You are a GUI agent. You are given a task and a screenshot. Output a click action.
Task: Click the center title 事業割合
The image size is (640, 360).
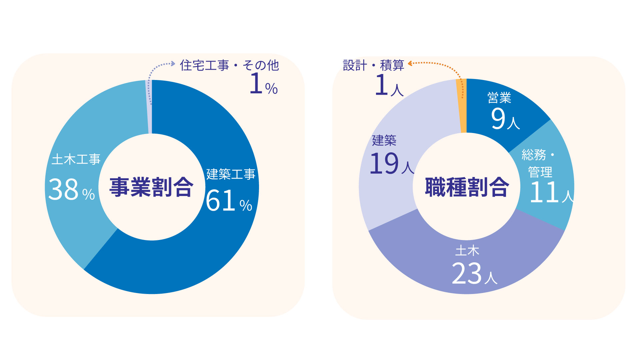tap(151, 187)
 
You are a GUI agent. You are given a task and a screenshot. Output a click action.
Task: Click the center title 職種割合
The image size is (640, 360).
tap(467, 187)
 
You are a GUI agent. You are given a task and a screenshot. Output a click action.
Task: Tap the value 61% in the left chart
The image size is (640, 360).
tap(229, 201)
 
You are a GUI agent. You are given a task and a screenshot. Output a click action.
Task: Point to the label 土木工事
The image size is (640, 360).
tap(76, 159)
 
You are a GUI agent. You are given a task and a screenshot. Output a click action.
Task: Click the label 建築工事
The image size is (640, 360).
tap(231, 174)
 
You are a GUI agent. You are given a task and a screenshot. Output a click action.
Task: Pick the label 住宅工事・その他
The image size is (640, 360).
tap(229, 65)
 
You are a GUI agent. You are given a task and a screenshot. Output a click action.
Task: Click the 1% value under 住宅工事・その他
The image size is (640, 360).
tap(263, 84)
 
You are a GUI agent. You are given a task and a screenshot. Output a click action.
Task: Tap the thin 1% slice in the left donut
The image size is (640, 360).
tap(150, 107)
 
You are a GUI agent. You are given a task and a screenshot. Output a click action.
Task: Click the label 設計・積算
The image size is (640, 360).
tap(373, 65)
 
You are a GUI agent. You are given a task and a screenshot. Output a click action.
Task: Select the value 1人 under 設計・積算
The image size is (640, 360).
tap(389, 86)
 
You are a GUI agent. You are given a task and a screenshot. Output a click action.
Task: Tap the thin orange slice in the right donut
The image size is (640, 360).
tap(462, 107)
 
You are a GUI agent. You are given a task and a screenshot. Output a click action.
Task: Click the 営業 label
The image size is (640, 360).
tap(499, 98)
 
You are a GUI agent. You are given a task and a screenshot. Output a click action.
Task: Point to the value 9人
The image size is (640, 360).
tap(505, 119)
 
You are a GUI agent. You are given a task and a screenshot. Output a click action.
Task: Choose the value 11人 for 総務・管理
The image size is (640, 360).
tap(551, 192)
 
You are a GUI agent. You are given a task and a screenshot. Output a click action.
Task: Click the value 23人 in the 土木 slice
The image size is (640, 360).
tap(474, 274)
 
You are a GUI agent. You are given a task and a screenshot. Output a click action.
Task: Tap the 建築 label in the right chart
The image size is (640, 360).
tap(384, 140)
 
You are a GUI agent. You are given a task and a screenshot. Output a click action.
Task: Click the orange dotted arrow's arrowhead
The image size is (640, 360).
tap(410, 63)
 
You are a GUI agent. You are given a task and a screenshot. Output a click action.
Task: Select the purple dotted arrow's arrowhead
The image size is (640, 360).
tap(173, 63)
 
